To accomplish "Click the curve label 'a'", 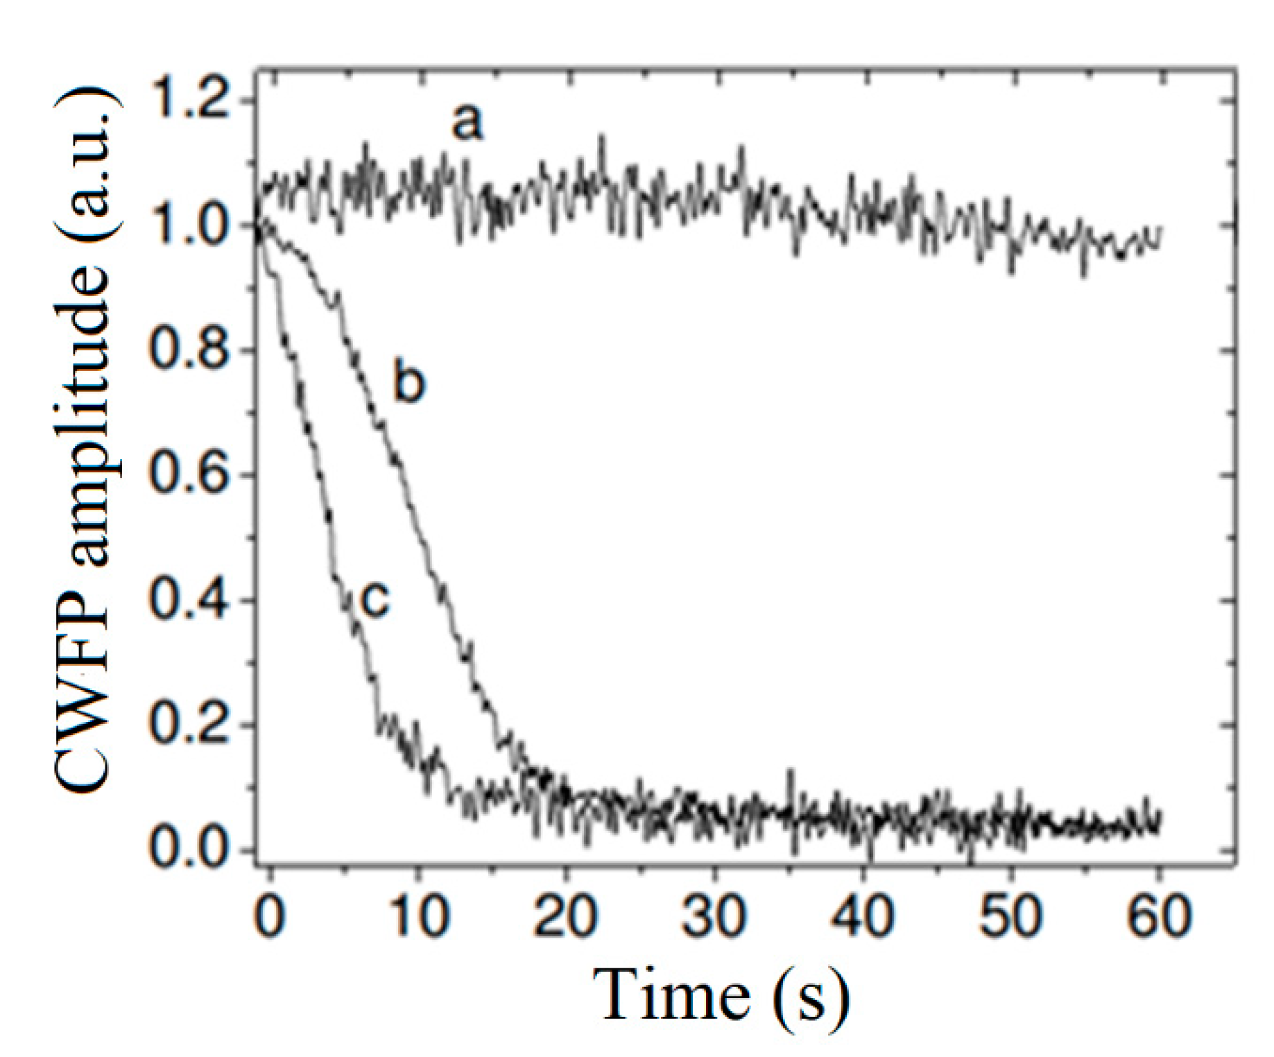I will click(467, 123).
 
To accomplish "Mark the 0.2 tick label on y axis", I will click(189, 725).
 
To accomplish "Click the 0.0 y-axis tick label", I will click(189, 850).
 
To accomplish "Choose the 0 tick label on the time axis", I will click(270, 916).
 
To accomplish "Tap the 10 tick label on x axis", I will click(418, 916).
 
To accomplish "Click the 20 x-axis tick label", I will click(566, 916).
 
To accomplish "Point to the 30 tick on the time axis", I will click(714, 916).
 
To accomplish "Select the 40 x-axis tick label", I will click(862, 916).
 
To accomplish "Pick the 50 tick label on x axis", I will click(1010, 916).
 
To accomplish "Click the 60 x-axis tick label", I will click(1157, 916).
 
